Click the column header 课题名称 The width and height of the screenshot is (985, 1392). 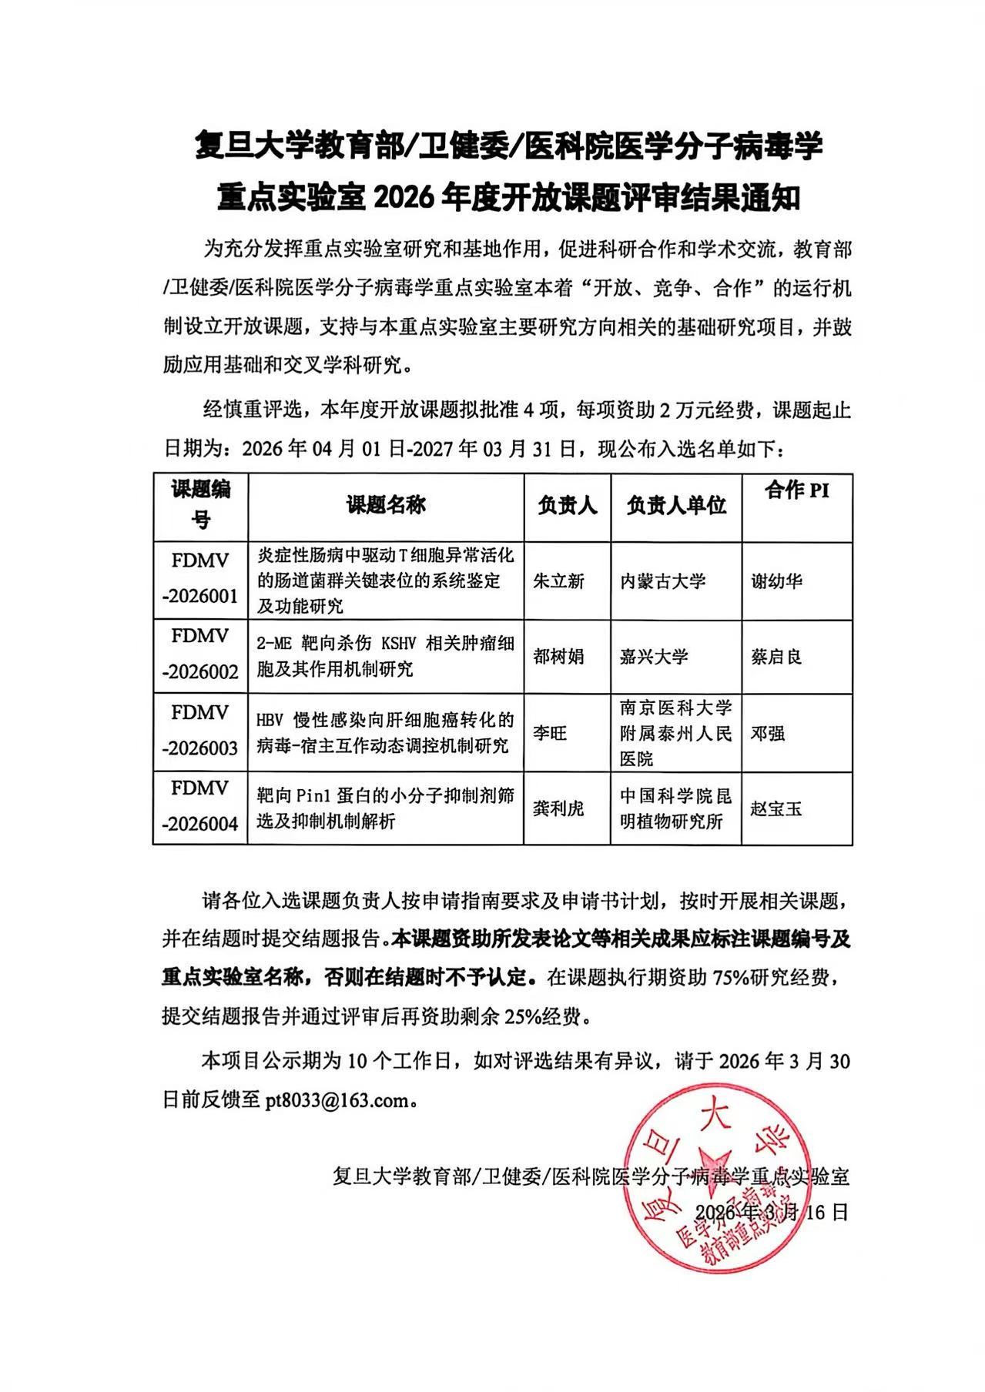(386, 505)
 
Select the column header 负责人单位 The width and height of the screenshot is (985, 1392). (676, 505)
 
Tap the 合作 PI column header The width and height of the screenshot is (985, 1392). (797, 490)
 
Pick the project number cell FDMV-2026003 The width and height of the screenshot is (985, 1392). (200, 730)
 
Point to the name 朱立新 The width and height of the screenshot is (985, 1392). (558, 581)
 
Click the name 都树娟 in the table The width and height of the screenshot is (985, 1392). (558, 656)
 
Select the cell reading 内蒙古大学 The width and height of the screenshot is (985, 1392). (663, 581)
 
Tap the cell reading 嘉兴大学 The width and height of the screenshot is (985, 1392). (654, 656)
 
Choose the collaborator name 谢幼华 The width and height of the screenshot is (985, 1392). (776, 581)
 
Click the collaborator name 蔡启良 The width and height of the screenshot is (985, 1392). (776, 656)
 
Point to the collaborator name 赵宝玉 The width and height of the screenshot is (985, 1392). (776, 808)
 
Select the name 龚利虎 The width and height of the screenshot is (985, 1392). (558, 808)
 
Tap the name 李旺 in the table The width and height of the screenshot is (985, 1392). (550, 733)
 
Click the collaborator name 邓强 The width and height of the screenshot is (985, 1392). (768, 733)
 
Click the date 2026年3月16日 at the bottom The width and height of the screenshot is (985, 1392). (772, 1212)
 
